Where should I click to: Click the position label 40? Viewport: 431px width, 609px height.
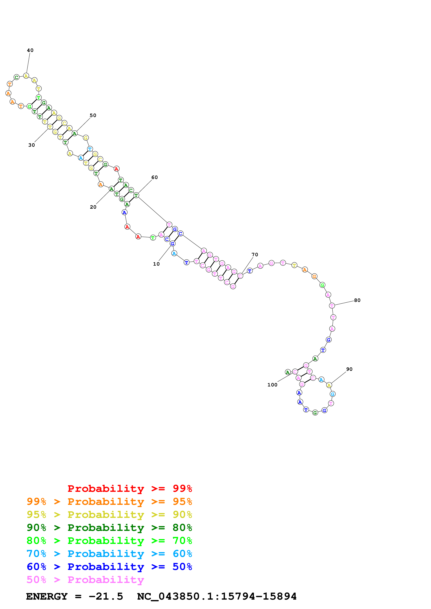pyautogui.click(x=30, y=50)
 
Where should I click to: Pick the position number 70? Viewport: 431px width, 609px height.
pyautogui.click(x=255, y=255)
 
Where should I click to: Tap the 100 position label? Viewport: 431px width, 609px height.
pyautogui.click(x=272, y=385)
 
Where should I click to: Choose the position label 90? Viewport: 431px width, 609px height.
pyautogui.click(x=349, y=369)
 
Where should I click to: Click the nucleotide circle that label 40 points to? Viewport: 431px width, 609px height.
pyautogui.click(x=26, y=76)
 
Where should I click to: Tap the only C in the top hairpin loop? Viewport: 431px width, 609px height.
pyautogui.click(x=17, y=77)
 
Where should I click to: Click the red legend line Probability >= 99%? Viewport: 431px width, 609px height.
pyautogui.click(x=130, y=489)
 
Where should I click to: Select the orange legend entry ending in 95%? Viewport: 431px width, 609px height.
pyautogui.click(x=109, y=502)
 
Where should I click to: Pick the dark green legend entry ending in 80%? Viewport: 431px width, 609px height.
pyautogui.click(x=109, y=528)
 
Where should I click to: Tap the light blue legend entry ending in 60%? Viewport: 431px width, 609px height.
pyautogui.click(x=109, y=554)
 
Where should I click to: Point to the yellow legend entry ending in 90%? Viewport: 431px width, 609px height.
pyautogui.click(x=109, y=515)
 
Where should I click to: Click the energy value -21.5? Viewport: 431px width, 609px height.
pyautogui.click(x=106, y=597)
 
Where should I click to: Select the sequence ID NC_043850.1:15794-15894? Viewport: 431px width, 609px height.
pyautogui.click(x=217, y=597)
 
